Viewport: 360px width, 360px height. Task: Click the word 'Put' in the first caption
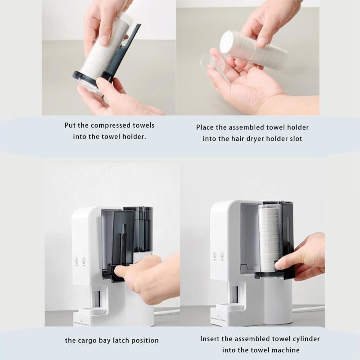[70, 126]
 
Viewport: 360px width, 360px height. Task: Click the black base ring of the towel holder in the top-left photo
[92, 77]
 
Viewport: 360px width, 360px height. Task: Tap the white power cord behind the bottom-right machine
[308, 309]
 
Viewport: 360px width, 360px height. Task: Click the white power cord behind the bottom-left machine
[166, 312]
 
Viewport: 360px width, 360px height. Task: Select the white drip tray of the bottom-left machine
[92, 312]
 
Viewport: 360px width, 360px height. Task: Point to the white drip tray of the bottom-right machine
[229, 307]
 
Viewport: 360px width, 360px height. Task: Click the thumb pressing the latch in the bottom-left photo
[120, 271]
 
